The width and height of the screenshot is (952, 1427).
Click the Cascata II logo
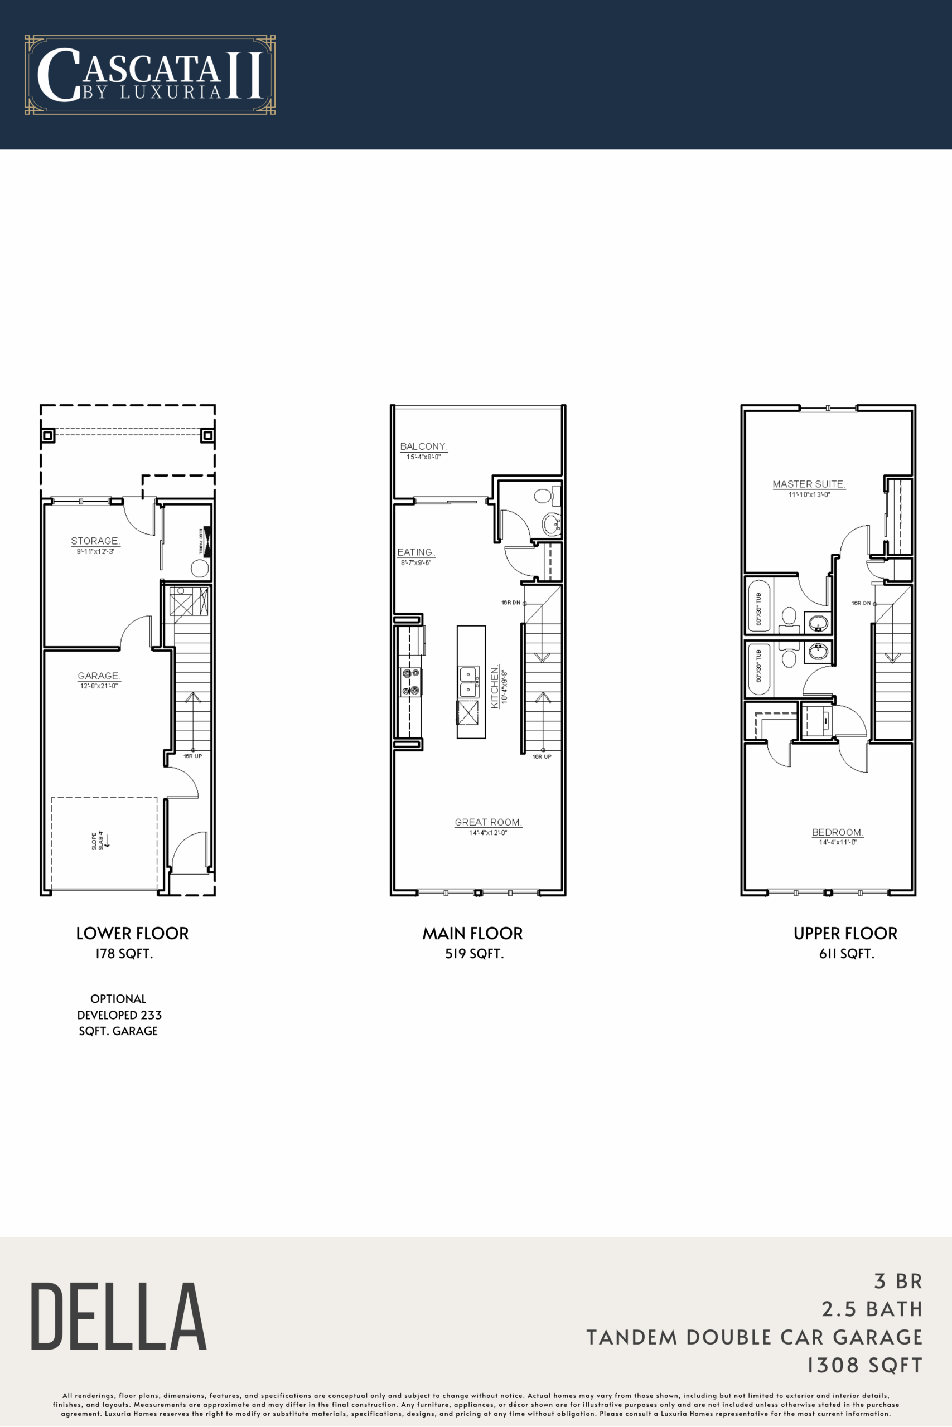tap(149, 75)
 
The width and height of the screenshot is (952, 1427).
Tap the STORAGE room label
tap(95, 541)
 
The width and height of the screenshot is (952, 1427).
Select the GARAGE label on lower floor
tap(98, 676)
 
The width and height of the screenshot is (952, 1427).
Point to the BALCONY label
tap(423, 446)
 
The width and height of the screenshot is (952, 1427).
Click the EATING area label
tap(415, 552)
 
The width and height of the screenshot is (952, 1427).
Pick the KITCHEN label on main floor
tap(495, 686)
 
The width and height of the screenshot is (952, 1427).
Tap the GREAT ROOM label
tap(488, 822)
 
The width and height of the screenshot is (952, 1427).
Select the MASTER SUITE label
tap(809, 484)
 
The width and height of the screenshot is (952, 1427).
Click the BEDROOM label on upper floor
tap(837, 832)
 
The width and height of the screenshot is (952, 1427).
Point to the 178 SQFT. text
tap(124, 954)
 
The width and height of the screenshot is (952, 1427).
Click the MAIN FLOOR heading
tap(472, 933)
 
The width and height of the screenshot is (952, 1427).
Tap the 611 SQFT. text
tap(847, 954)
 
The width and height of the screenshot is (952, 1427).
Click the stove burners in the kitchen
tap(411, 681)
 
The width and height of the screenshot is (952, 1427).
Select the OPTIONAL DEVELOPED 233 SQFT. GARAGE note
tap(119, 1015)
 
